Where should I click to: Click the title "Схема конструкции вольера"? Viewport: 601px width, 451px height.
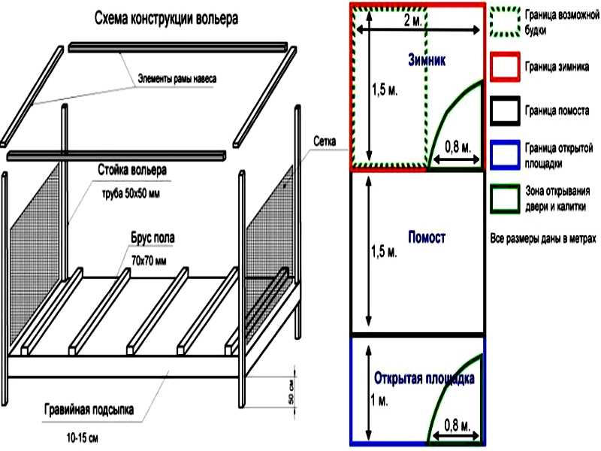pyautogui.click(x=166, y=18)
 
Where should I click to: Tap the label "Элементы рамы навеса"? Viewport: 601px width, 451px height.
pyautogui.click(x=177, y=79)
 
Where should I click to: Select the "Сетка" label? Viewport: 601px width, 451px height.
pyautogui.click(x=325, y=141)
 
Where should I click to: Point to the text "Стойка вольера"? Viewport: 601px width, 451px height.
pyautogui.click(x=132, y=170)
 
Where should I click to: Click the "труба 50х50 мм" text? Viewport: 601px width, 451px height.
pyautogui.click(x=131, y=193)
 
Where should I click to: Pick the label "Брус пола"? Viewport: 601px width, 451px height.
pyautogui.click(x=153, y=238)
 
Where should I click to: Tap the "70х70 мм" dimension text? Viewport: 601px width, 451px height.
pyautogui.click(x=149, y=261)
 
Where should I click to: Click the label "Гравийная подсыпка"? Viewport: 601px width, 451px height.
pyautogui.click(x=89, y=410)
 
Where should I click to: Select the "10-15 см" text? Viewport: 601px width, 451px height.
pyautogui.click(x=83, y=437)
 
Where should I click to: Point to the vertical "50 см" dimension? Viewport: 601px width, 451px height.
pyautogui.click(x=291, y=393)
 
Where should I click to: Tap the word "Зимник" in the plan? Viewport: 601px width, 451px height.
pyautogui.click(x=427, y=60)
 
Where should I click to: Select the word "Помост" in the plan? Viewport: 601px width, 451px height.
pyautogui.click(x=427, y=237)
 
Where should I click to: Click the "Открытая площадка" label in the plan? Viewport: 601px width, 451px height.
pyautogui.click(x=424, y=378)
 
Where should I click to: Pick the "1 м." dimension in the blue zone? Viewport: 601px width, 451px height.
pyautogui.click(x=379, y=401)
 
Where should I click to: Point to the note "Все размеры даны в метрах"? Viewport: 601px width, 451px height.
pyautogui.click(x=543, y=238)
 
